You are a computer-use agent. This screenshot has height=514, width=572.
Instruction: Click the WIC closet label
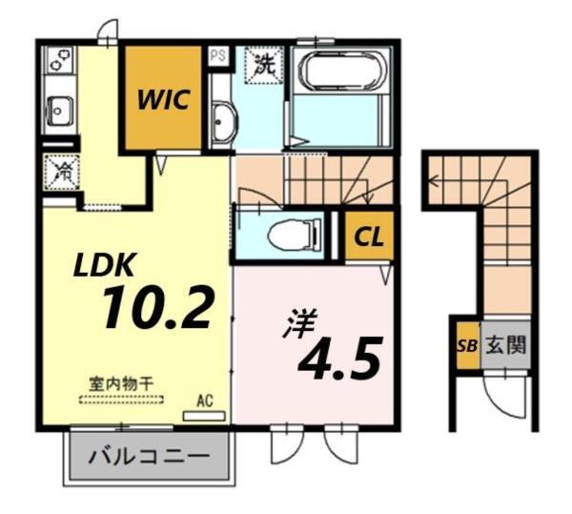[x=163, y=97]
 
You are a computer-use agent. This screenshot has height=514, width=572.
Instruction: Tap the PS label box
[x=218, y=54]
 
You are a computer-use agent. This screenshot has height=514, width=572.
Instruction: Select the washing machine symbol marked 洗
[x=263, y=66]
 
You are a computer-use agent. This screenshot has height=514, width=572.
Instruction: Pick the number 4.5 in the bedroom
[x=341, y=357]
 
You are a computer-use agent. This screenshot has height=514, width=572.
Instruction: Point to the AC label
[x=204, y=401]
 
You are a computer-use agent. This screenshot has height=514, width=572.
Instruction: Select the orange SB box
[x=465, y=346]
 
